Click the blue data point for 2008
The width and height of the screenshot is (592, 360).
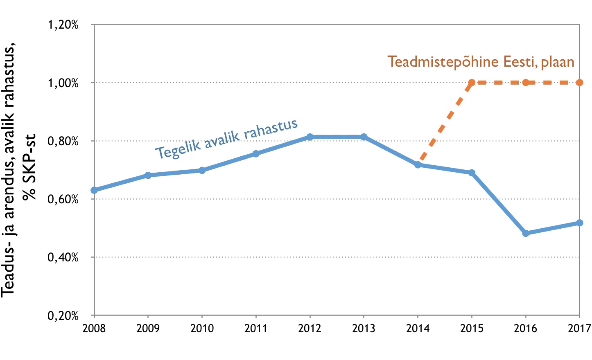click(x=94, y=190)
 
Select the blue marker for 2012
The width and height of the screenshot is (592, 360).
click(x=310, y=137)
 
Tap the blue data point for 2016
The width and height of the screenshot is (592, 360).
click(x=526, y=233)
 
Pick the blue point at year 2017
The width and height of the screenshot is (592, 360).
click(x=580, y=223)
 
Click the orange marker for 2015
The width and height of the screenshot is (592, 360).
click(x=472, y=83)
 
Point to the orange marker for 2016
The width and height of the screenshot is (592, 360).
click(x=526, y=83)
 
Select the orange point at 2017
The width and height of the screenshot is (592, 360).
click(x=580, y=83)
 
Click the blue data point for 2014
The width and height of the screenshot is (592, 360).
click(x=418, y=165)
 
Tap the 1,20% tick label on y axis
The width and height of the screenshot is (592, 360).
click(x=63, y=25)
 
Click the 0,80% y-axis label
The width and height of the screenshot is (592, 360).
click(x=63, y=141)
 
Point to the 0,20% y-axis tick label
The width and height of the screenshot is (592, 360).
click(x=63, y=316)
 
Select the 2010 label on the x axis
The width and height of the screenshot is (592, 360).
click(x=202, y=328)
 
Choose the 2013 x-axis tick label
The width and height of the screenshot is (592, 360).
click(x=364, y=328)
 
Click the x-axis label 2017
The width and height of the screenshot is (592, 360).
click(x=579, y=328)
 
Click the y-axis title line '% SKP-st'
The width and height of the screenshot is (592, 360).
click(x=29, y=167)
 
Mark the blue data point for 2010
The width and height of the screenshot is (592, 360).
click(x=202, y=170)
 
